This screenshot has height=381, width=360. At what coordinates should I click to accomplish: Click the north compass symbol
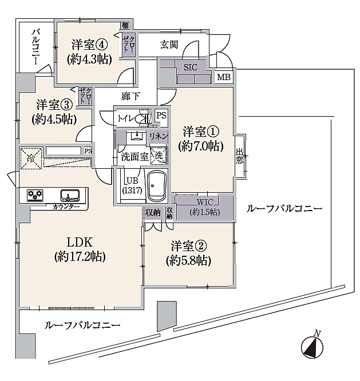point(312,346)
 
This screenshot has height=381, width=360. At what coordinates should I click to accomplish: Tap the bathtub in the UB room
point(157,185)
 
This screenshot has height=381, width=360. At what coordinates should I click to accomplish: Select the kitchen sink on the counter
point(70,195)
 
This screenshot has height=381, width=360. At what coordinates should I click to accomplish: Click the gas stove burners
point(35,195)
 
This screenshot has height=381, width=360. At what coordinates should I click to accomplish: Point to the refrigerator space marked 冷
point(31,158)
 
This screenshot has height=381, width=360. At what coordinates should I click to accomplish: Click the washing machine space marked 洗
point(159,156)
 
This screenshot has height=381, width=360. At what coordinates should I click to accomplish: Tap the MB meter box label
point(224,77)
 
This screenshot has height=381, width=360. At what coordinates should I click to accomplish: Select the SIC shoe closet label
point(191,67)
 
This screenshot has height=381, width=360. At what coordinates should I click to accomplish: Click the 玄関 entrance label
point(169,45)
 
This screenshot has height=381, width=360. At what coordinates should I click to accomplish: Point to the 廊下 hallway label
point(130,97)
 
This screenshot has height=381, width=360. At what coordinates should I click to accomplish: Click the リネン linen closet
point(159,137)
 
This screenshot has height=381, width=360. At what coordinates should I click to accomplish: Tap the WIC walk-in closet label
point(205,202)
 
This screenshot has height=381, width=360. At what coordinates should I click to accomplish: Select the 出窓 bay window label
point(239,156)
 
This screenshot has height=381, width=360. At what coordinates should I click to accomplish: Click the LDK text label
point(80,242)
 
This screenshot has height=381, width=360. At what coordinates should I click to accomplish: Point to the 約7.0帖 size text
point(201,146)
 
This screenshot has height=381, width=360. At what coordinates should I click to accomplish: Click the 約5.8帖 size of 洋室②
point(188,261)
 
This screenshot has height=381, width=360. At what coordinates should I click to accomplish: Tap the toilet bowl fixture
point(141,119)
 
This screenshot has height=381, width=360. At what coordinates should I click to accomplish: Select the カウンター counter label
point(66,207)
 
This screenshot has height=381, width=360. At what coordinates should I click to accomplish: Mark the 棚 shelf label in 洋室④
point(125,25)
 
